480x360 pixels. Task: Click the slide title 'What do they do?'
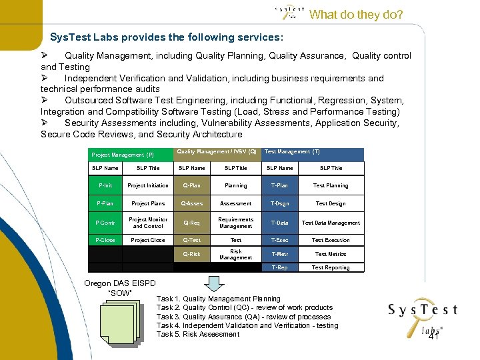pos(356,15)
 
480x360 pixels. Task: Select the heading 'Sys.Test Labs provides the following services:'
pos(167,37)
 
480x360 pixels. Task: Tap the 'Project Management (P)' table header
pos(123,155)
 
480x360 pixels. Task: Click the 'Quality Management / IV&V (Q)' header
pos(217,152)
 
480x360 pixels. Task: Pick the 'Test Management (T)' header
pos(293,152)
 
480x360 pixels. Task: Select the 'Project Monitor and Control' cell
pos(148,223)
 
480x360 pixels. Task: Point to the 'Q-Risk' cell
pos(192,254)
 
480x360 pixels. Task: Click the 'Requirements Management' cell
pos(236,223)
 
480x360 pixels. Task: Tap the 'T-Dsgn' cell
pos(280,203)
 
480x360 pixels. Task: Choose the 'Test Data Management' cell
pos(331,223)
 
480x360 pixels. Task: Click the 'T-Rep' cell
pos(280,267)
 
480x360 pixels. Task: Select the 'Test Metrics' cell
pos(331,254)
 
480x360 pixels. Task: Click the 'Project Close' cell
pos(148,240)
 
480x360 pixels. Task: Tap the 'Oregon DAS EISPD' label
pos(120,283)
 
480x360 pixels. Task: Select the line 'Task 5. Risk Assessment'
pos(198,334)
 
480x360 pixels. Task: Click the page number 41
pos(434,337)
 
